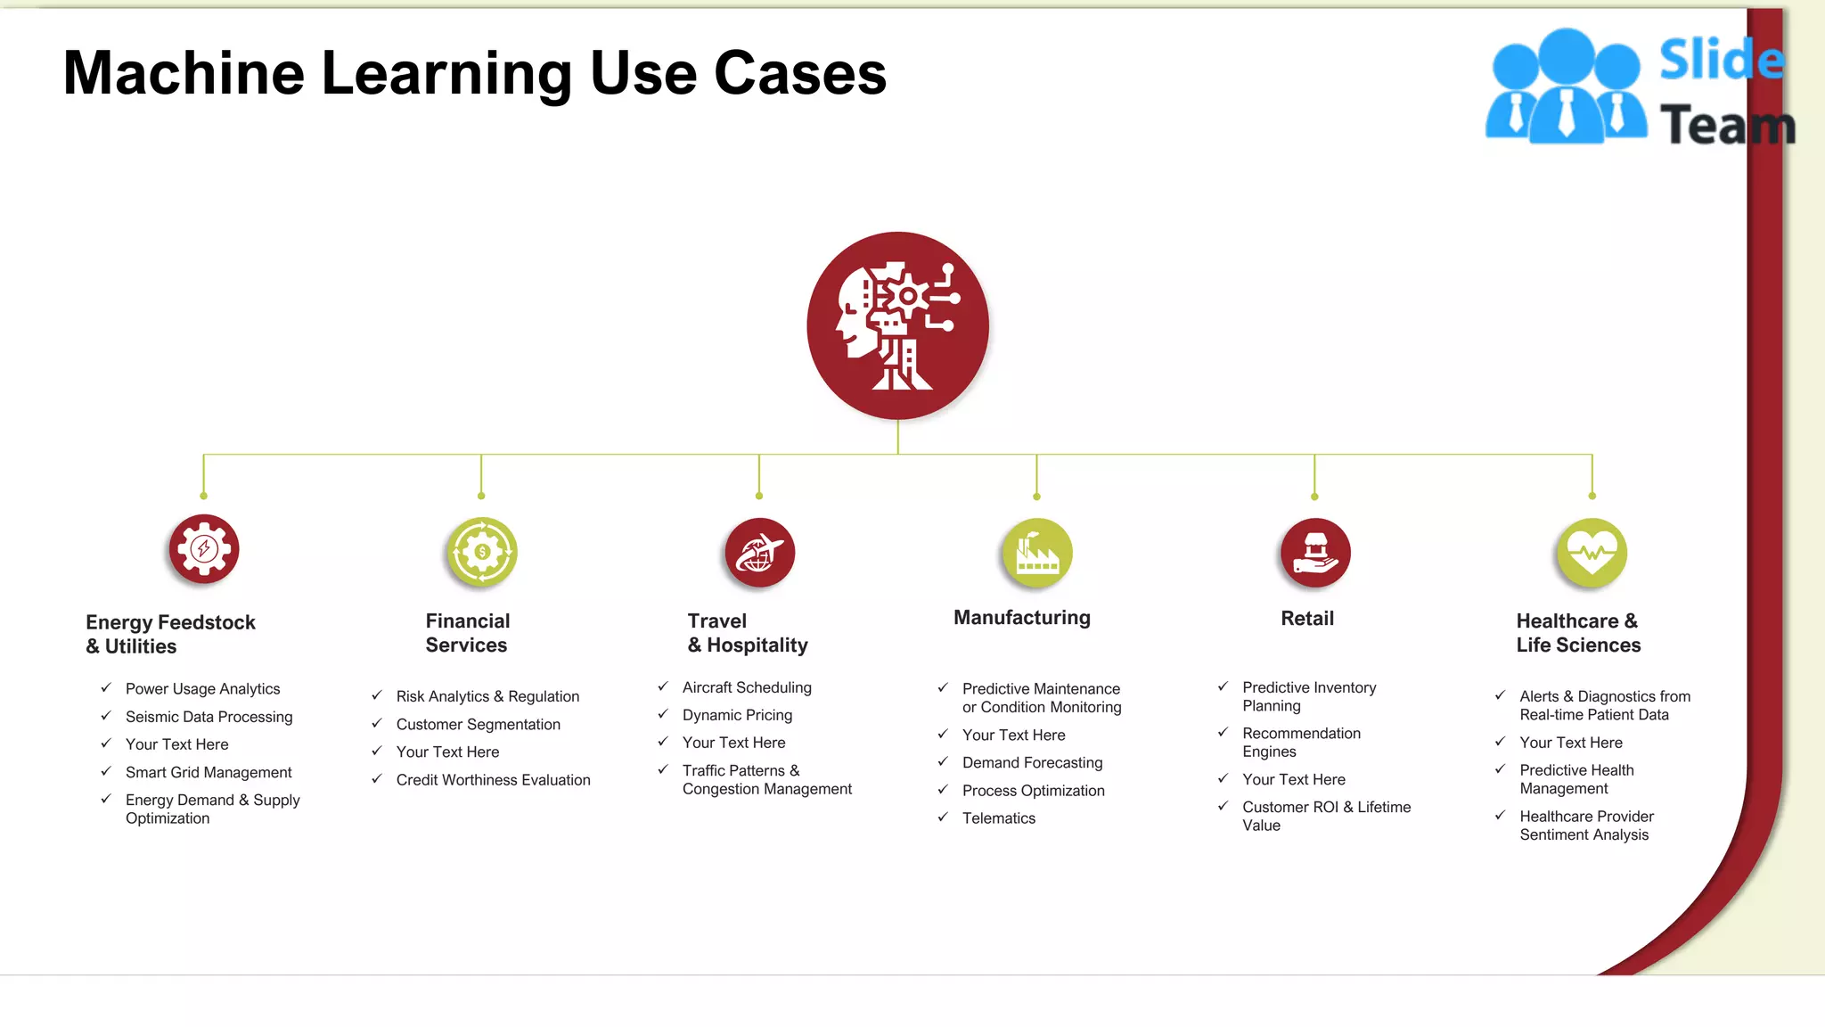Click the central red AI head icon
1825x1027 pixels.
pyautogui.click(x=897, y=325)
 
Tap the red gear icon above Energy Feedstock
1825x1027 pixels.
pyautogui.click(x=204, y=548)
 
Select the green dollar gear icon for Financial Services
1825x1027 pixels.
pyautogui.click(x=481, y=552)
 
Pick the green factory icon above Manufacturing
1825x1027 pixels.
pyautogui.click(x=1036, y=553)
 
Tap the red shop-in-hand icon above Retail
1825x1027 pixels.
pyautogui.click(x=1314, y=553)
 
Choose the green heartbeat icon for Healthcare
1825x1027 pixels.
pyautogui.click(x=1592, y=553)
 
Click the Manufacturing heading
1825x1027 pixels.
pyautogui.click(x=1021, y=618)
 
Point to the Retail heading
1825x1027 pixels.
pyautogui.click(x=1306, y=619)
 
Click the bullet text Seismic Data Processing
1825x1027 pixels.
pyautogui.click(x=209, y=717)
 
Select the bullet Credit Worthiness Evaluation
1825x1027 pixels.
pyautogui.click(x=493, y=780)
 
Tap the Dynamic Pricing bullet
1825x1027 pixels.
pyautogui.click(x=737, y=715)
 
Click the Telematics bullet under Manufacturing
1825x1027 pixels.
pyautogui.click(x=998, y=818)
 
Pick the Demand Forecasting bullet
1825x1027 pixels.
pyautogui.click(x=1032, y=763)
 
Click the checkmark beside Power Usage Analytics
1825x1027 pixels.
pyautogui.click(x=106, y=687)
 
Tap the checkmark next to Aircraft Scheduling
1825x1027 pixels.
pyautogui.click(x=663, y=686)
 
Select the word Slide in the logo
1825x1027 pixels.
pyautogui.click(x=1720, y=61)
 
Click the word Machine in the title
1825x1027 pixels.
pyautogui.click(x=184, y=73)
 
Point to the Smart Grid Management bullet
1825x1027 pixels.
pyautogui.click(x=209, y=773)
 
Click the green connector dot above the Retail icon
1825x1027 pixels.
pyautogui.click(x=1314, y=497)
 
